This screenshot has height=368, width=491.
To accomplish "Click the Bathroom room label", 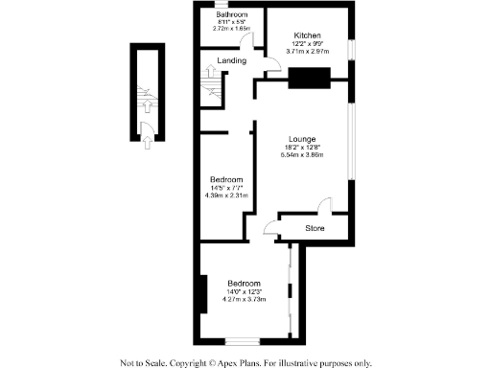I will point(231,15).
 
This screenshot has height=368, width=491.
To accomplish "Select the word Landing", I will point(233,61).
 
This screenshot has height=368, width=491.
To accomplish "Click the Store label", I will point(315,228).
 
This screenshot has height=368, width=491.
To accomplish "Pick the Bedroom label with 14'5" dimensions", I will point(226,180).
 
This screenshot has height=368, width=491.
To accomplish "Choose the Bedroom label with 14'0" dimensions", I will point(244,284).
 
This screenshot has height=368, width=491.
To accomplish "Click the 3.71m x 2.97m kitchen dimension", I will point(308,52).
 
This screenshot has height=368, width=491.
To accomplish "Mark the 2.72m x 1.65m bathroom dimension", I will point(231,29).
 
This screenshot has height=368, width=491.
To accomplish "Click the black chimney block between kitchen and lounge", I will point(309,80).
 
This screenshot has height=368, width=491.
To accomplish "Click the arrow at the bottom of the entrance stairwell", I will point(145,144).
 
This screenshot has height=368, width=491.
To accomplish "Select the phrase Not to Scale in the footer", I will point(143,362).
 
